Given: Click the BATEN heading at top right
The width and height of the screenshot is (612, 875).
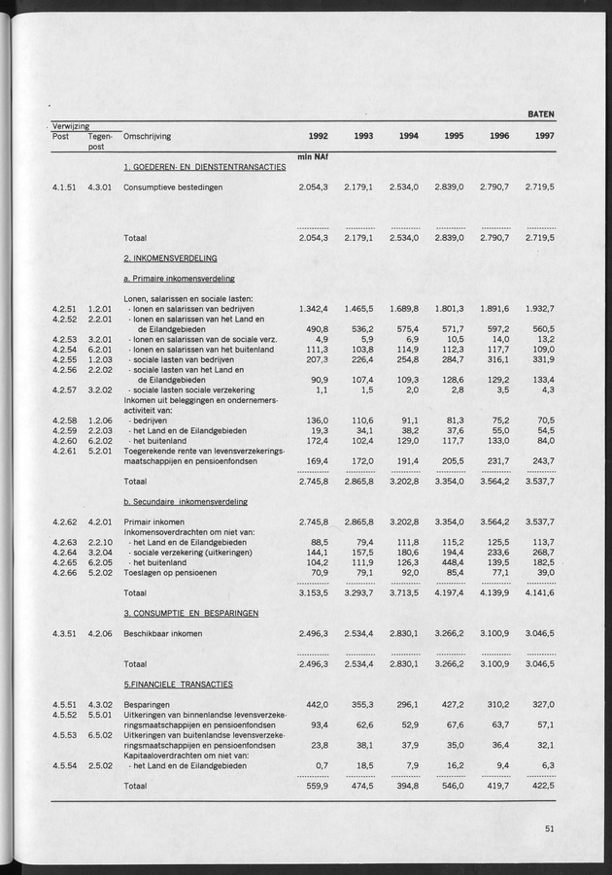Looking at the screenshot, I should click(x=541, y=114).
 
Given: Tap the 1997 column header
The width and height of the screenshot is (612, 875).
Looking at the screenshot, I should click(x=545, y=136).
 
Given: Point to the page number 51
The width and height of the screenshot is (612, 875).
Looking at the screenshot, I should click(x=550, y=828).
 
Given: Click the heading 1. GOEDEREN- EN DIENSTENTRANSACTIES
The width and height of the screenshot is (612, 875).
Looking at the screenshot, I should click(x=204, y=167).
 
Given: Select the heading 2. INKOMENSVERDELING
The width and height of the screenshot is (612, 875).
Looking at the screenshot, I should click(x=170, y=258).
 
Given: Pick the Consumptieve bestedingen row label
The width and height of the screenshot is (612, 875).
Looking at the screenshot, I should click(x=173, y=186).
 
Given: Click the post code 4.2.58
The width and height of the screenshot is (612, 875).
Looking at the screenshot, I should click(x=65, y=421).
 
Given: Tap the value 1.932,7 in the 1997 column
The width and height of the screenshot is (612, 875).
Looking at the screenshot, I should click(x=540, y=308).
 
